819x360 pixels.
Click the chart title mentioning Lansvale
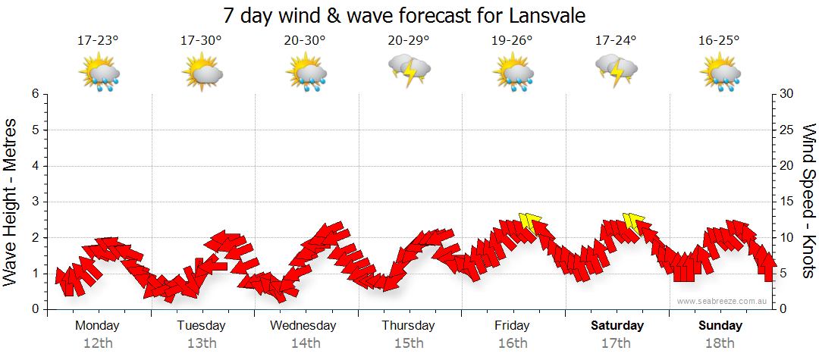[x=405, y=15]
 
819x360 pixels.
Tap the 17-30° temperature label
[x=201, y=41]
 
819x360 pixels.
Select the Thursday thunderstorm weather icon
[x=409, y=70]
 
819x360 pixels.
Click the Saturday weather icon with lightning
[x=616, y=70]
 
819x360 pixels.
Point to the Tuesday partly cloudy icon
[x=202, y=73]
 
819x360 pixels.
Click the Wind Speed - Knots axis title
[x=807, y=201]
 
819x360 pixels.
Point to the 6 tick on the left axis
[x=35, y=94]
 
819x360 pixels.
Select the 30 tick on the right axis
[x=787, y=94]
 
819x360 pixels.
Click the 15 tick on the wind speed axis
[x=787, y=202]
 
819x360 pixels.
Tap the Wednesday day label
[x=305, y=326]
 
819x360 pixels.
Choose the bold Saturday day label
[x=617, y=326]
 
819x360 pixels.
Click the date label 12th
[x=97, y=343]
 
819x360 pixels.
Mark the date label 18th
[x=720, y=343]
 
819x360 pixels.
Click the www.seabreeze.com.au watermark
[x=723, y=302]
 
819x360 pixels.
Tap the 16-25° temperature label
[x=719, y=41]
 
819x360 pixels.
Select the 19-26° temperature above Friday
[x=512, y=41]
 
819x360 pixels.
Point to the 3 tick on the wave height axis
[x=35, y=202]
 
